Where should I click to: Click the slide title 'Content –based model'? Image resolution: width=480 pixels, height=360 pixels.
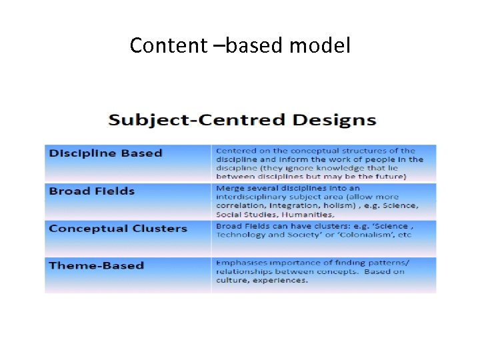(239, 45)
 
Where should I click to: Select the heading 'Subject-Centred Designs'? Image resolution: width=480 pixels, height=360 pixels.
(242, 121)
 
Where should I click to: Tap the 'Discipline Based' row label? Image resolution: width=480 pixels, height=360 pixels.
(105, 153)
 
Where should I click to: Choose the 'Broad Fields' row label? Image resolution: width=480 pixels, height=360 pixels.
(91, 191)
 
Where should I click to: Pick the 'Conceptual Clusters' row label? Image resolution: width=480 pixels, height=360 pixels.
(118, 229)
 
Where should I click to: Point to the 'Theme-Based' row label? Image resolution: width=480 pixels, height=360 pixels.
(96, 265)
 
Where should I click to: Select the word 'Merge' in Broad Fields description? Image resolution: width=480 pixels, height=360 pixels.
(229, 189)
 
